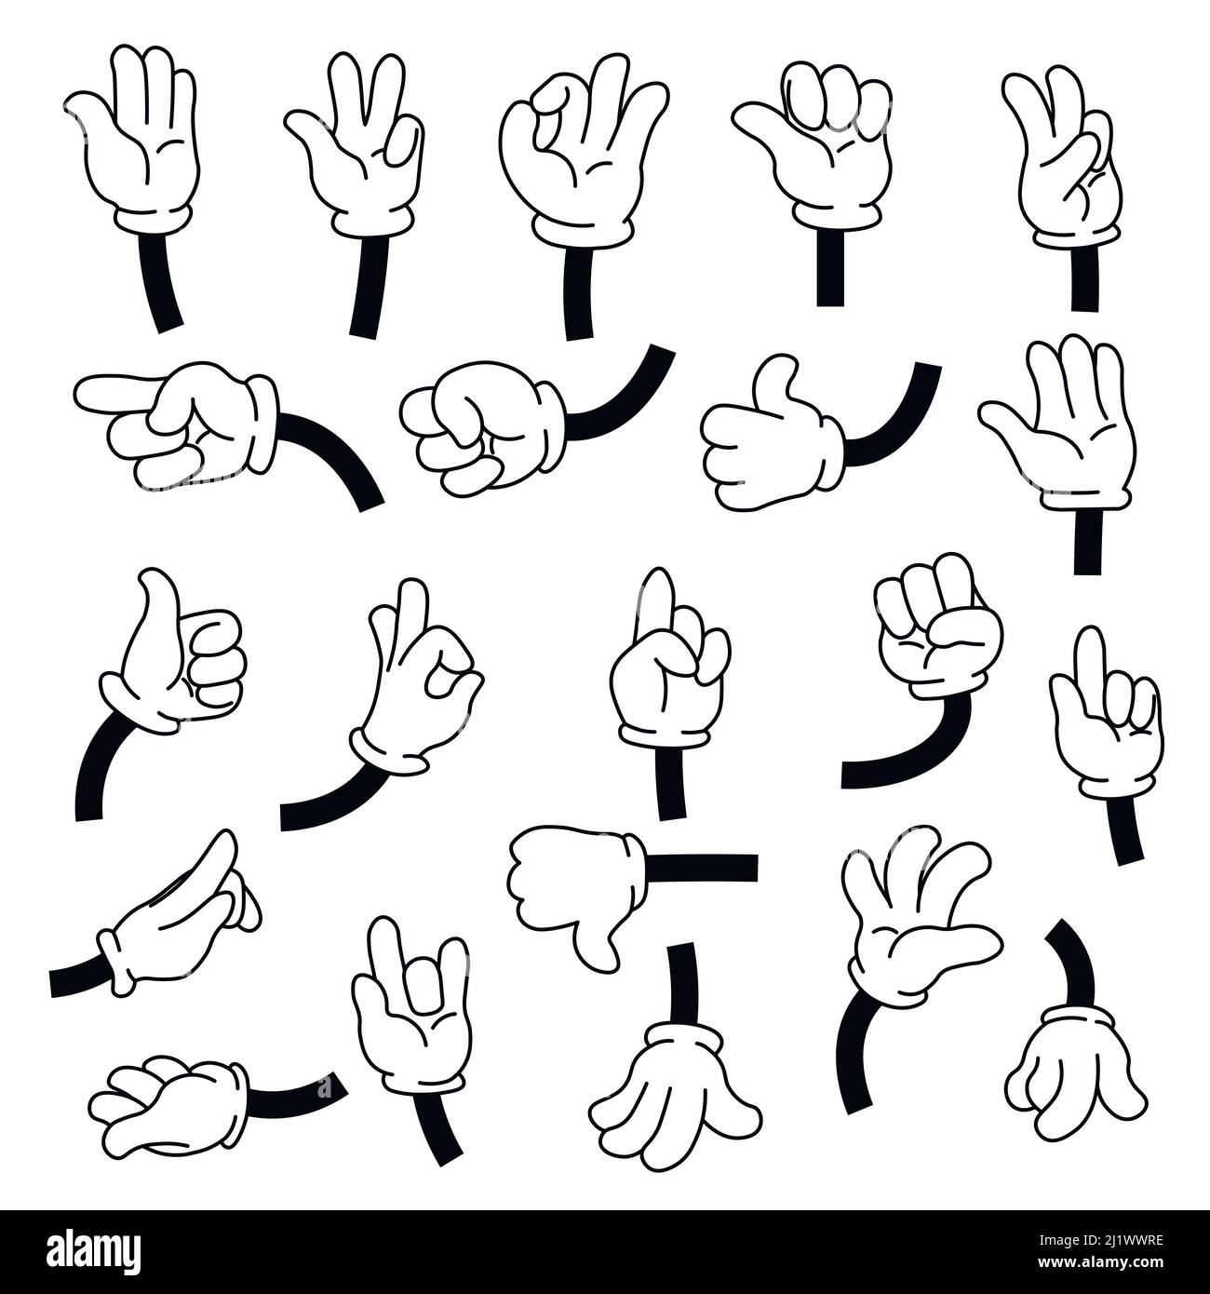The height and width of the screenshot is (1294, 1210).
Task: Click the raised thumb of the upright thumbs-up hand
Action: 149,605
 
